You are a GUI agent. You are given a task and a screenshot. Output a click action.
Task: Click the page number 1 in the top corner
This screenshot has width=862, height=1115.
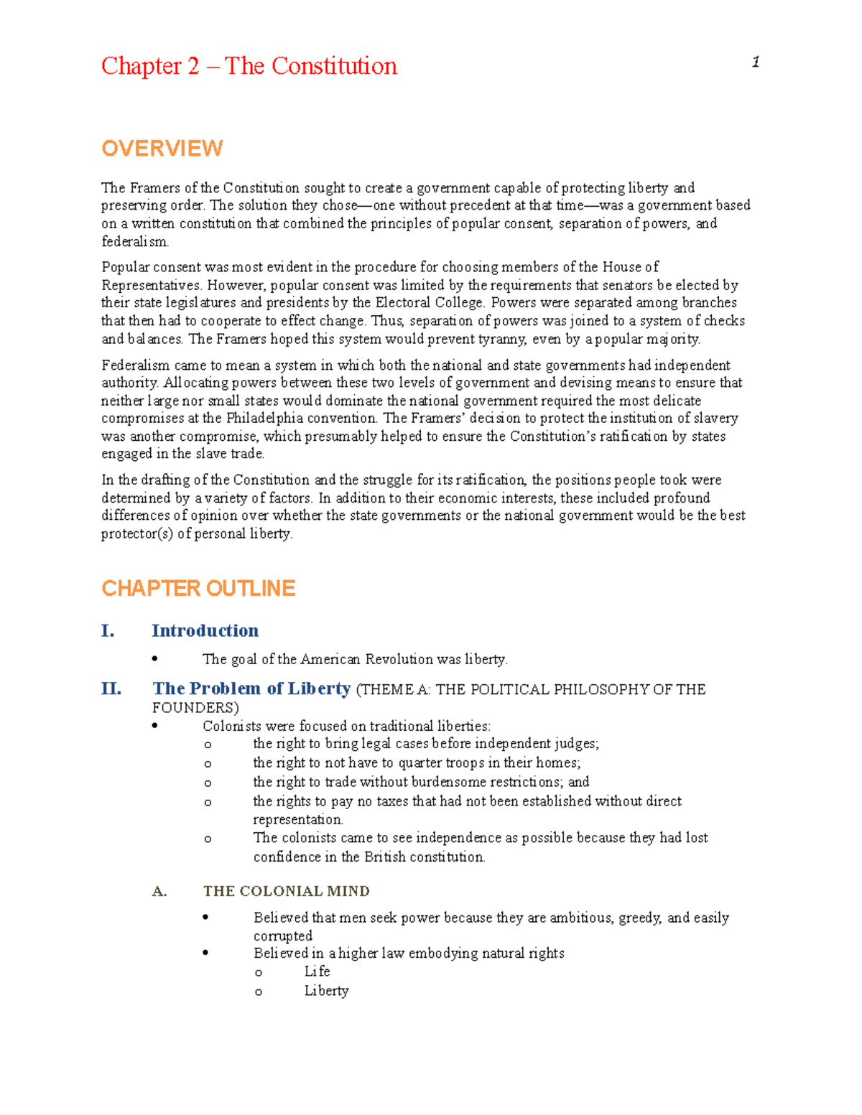point(756,62)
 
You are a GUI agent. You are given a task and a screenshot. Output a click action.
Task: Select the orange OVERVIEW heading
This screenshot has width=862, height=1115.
point(162,149)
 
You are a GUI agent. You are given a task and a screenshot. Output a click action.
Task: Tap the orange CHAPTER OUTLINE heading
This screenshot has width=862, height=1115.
point(198,589)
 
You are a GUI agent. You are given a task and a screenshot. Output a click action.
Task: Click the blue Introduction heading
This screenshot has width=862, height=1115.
point(205,630)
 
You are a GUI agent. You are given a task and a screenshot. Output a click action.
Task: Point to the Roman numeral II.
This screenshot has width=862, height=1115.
point(111,689)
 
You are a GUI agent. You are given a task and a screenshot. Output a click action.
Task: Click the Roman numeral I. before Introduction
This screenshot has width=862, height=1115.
point(108,631)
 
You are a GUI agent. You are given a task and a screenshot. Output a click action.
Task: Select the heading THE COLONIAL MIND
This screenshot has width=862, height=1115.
point(286,891)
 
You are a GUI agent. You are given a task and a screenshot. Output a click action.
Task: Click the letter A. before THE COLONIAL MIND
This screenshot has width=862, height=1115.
point(159,892)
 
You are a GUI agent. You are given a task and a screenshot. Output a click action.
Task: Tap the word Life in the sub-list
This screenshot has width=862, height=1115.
point(317,971)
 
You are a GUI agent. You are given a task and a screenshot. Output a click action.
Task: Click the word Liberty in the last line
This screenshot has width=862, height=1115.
point(326,991)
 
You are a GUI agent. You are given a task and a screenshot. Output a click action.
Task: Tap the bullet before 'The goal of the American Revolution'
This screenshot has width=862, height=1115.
point(154,659)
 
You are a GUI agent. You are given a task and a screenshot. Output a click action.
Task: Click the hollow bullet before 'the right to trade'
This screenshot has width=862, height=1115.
point(208,783)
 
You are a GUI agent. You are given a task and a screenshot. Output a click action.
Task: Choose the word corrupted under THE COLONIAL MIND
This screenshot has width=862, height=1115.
point(283,936)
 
